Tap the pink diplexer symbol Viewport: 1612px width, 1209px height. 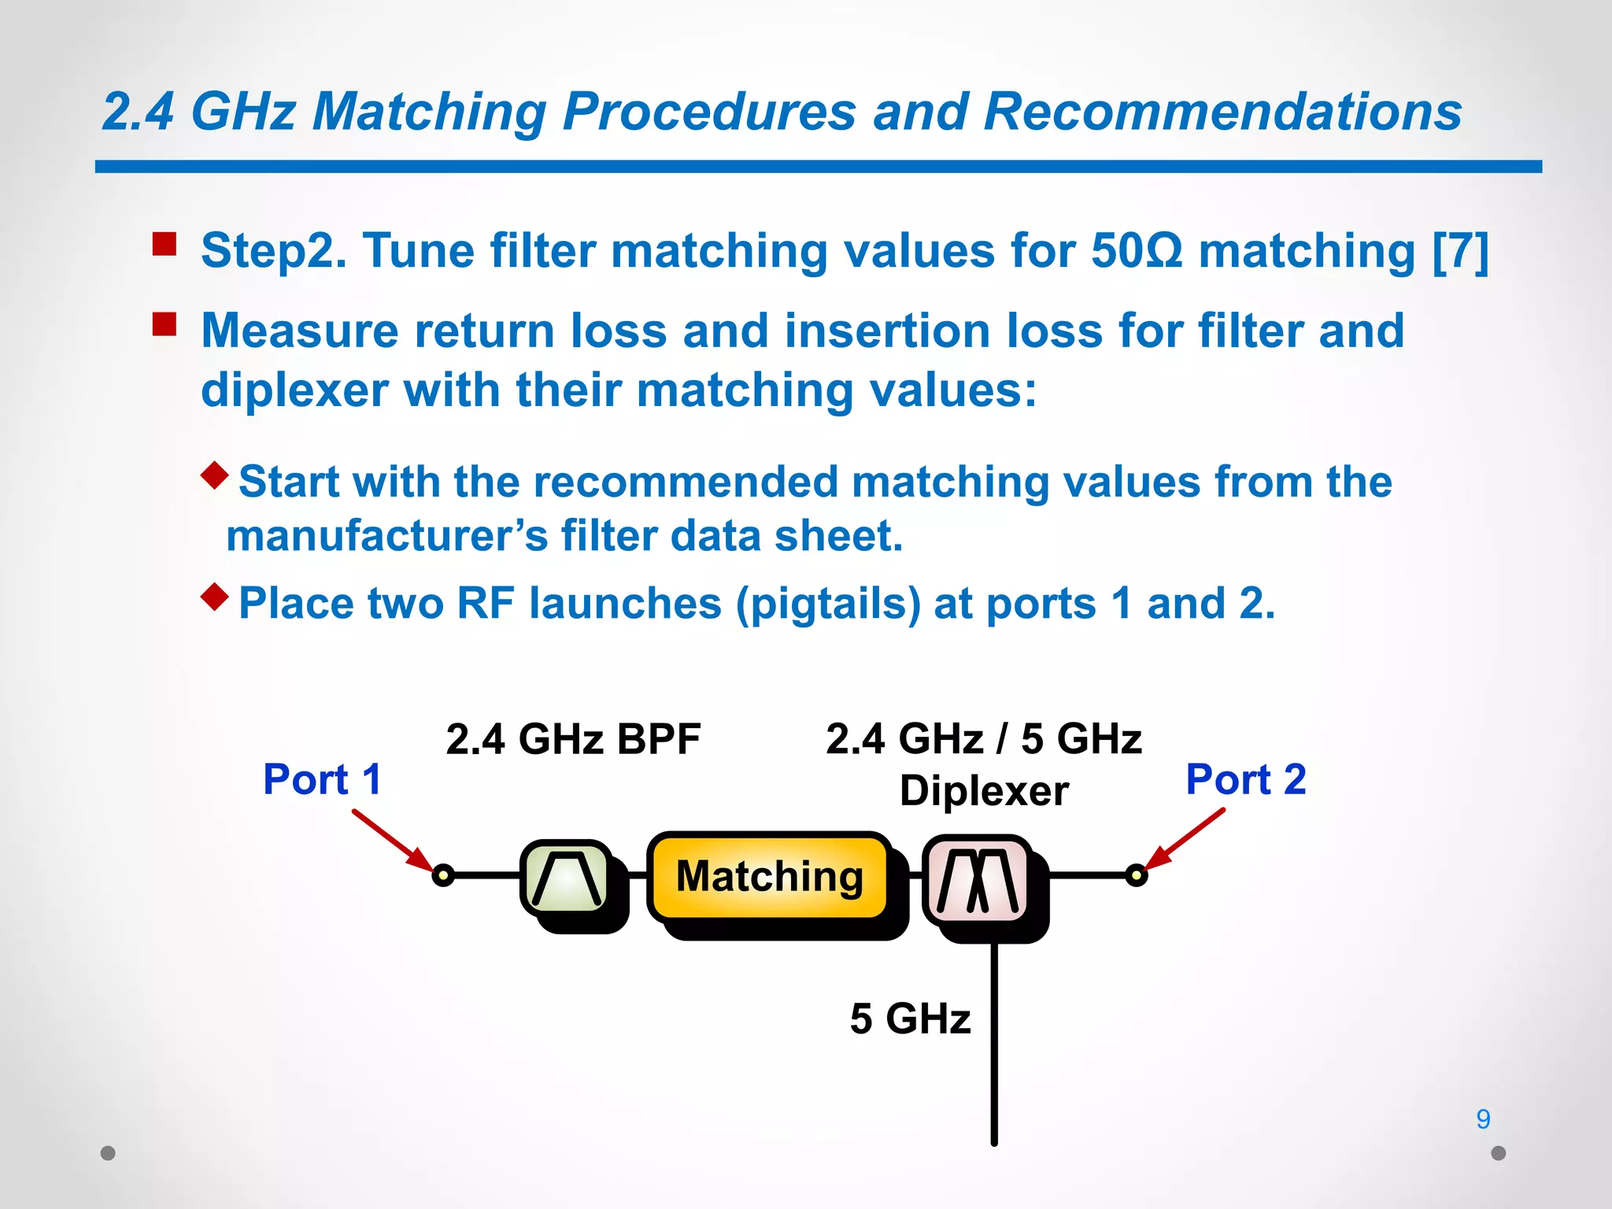click(977, 880)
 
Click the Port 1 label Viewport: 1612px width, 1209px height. click(323, 780)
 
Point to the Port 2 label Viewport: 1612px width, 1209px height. click(1245, 780)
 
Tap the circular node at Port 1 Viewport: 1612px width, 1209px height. click(443, 874)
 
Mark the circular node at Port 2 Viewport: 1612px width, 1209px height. click(1136, 874)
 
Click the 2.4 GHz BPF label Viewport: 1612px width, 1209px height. click(572, 739)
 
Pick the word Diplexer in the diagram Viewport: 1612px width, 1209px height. click(984, 790)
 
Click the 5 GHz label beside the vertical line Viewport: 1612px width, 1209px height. click(910, 1019)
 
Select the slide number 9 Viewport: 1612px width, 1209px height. click(1483, 1118)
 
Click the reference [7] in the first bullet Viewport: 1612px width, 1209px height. click(1460, 251)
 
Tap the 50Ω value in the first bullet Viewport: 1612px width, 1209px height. click(1137, 251)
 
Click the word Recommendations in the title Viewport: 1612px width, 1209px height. click(1222, 111)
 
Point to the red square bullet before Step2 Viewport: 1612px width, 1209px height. click(165, 244)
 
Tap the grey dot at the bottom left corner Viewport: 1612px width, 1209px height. click(109, 1153)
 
